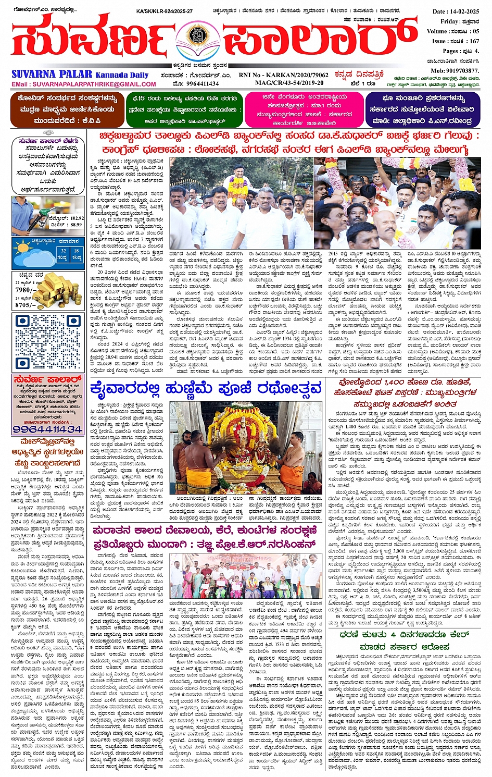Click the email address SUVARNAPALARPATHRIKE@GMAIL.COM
pyautogui.click(x=83, y=84)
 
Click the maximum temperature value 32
pyautogui.click(x=62, y=251)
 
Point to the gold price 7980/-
pyautogui.click(x=26, y=290)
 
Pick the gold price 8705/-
pyautogui.click(x=26, y=305)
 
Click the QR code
pyautogui.click(x=47, y=341)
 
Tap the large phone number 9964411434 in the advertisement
pyautogui.click(x=47, y=429)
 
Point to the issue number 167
pyautogui.click(x=474, y=41)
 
